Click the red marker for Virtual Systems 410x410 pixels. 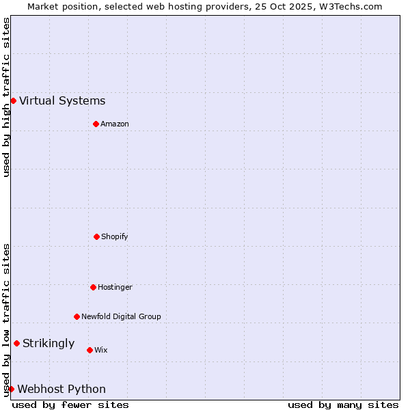coord(13,100)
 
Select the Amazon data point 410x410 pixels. coord(96,124)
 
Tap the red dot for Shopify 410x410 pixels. coord(96,236)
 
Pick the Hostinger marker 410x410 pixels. coord(93,287)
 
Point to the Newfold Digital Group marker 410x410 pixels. coord(77,316)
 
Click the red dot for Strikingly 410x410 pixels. coord(16,343)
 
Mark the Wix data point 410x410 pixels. coord(90,350)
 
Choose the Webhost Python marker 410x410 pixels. coord(11,389)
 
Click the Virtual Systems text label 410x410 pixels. coord(62,101)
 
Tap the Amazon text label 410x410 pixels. coord(115,124)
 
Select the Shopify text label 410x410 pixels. coord(115,236)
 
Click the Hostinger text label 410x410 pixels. coord(115,287)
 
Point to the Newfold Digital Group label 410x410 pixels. coord(121,316)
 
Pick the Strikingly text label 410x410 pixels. coord(49,344)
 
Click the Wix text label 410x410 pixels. coord(101,350)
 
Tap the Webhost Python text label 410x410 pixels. coord(61,389)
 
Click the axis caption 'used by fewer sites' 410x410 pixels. coord(70,405)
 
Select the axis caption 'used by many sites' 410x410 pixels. coord(343,405)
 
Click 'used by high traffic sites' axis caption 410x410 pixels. coord(6,98)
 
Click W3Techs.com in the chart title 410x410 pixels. coord(349,6)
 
